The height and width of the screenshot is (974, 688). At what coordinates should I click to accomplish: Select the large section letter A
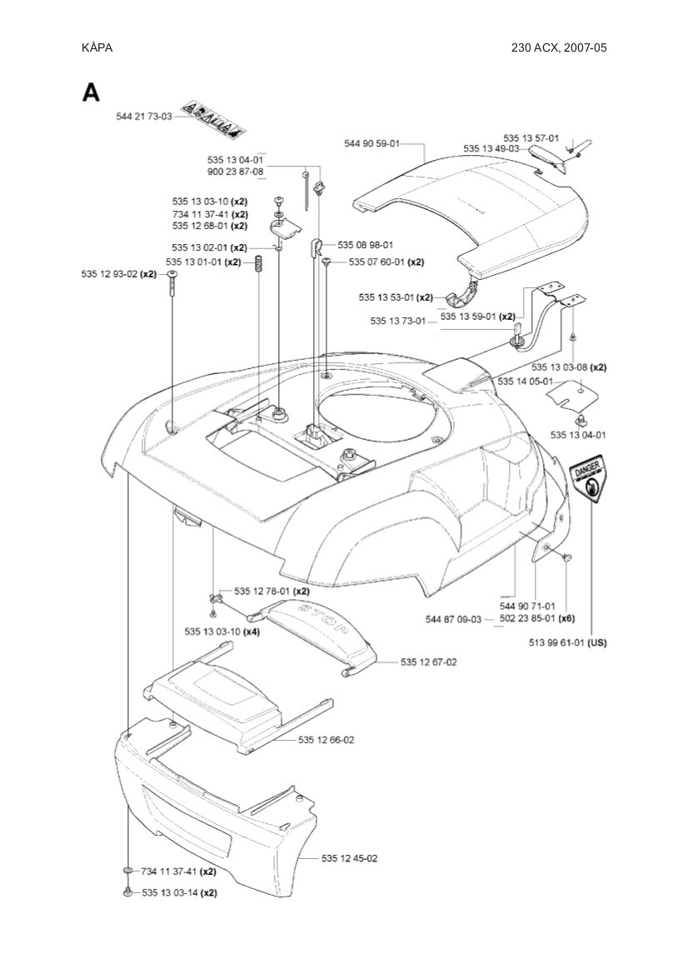tap(91, 92)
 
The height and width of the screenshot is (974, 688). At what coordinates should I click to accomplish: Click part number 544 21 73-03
tap(143, 117)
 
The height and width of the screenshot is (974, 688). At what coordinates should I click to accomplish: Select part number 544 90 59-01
tap(371, 144)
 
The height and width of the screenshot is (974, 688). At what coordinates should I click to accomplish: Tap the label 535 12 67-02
tap(428, 662)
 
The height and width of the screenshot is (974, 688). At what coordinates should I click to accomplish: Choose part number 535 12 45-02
tap(349, 858)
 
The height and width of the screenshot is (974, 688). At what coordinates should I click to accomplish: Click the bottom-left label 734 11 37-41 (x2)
tap(178, 872)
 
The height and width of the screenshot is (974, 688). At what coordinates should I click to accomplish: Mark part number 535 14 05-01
tap(525, 381)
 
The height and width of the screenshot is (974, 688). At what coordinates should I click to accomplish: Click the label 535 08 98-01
tap(366, 245)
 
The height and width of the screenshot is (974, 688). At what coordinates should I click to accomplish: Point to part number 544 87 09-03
tap(453, 619)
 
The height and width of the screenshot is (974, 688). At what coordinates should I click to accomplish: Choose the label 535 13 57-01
tap(531, 138)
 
